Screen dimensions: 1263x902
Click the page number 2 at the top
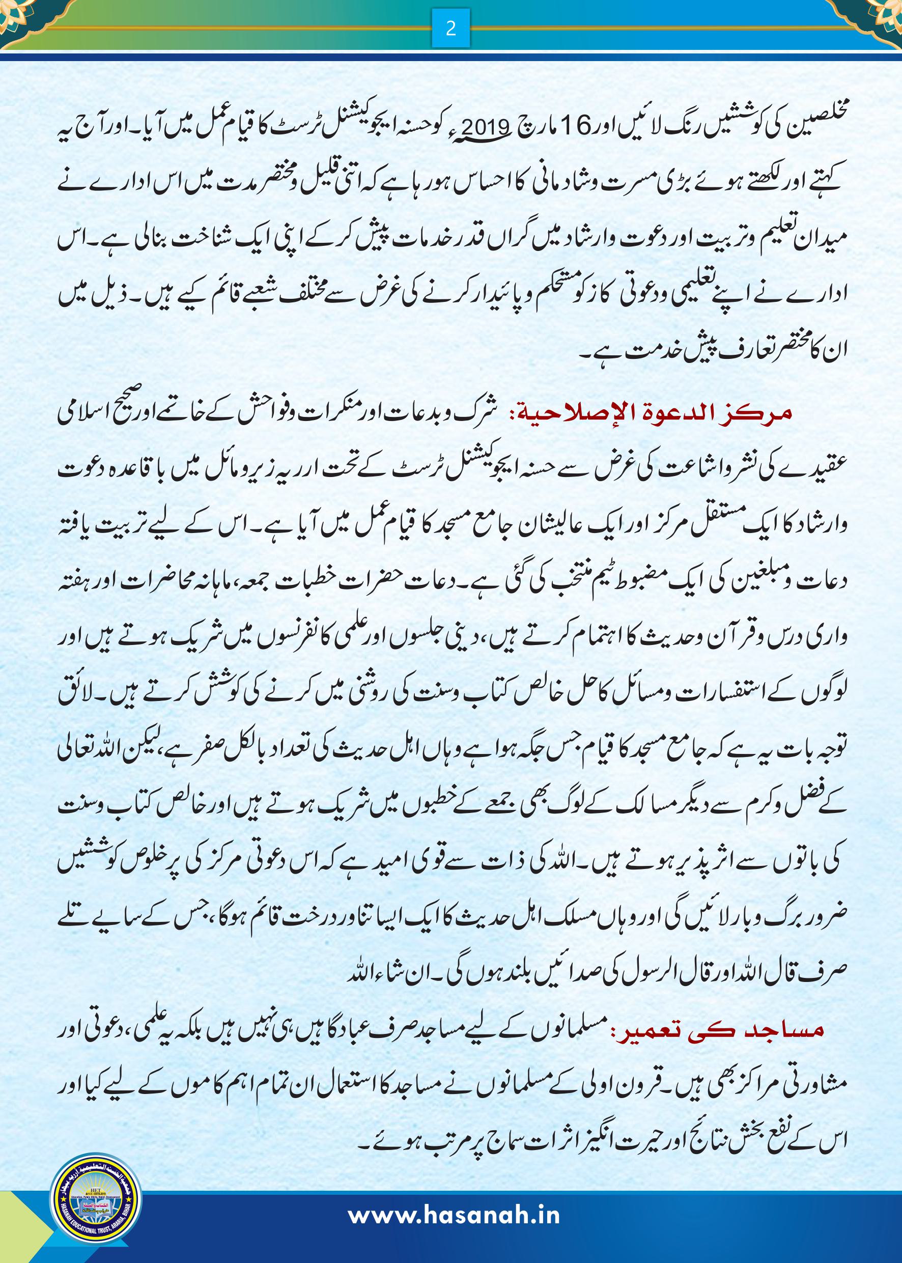[x=450, y=29]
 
